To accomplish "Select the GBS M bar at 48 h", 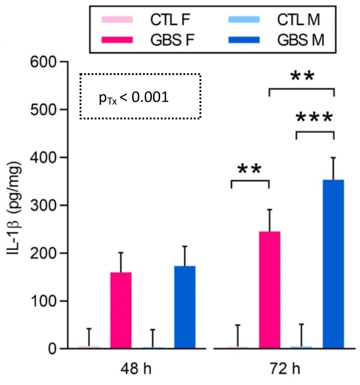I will click(x=185, y=307).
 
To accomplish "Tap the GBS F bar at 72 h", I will click(x=270, y=290).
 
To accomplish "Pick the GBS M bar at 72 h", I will click(x=334, y=264).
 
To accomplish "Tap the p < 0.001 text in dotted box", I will click(x=133, y=97).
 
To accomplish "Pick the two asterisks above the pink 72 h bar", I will click(x=250, y=169).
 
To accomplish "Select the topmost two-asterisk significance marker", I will click(x=302, y=77).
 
